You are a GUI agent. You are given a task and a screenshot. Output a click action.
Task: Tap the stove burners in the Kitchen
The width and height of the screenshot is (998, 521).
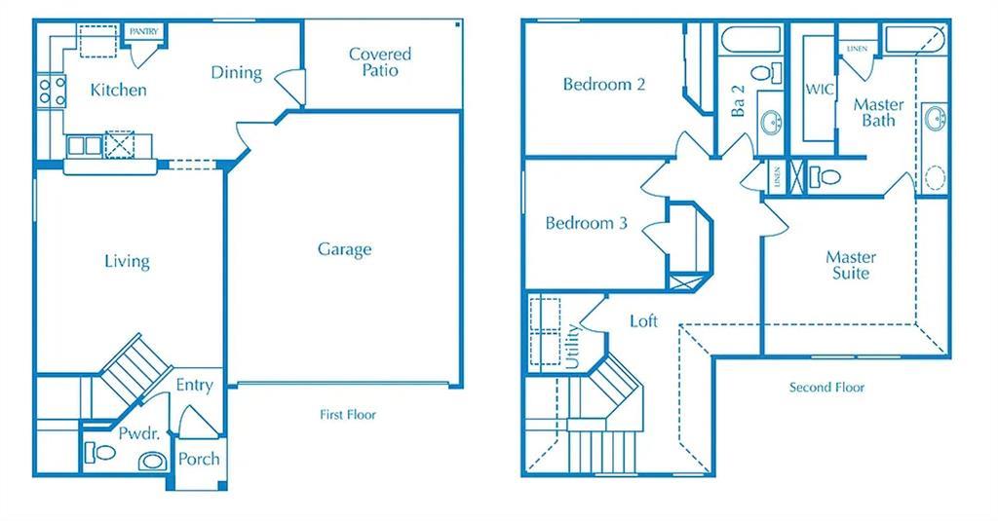(51, 92)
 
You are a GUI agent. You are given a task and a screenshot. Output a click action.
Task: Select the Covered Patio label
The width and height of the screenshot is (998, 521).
(380, 61)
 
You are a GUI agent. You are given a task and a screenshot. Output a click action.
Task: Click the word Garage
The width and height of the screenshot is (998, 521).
(344, 249)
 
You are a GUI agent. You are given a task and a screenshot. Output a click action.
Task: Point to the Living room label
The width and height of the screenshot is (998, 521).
(127, 261)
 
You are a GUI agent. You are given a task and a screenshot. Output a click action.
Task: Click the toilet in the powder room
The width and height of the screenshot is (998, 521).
(100, 452)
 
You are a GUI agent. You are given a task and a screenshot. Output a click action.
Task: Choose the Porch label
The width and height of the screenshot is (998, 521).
(199, 459)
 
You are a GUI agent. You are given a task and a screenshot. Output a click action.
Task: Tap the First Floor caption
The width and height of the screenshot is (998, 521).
(348, 415)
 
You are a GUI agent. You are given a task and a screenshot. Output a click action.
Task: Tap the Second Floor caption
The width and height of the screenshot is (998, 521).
(826, 388)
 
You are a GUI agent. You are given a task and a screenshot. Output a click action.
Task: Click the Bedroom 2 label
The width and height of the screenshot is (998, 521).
(604, 85)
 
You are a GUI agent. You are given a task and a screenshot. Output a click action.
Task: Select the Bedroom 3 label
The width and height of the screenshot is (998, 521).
(586, 224)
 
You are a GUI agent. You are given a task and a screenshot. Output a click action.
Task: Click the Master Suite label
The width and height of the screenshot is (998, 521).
(851, 265)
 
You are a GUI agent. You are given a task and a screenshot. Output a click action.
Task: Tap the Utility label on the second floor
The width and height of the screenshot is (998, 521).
(572, 346)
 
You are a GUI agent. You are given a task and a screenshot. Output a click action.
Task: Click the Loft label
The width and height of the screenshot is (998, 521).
(643, 320)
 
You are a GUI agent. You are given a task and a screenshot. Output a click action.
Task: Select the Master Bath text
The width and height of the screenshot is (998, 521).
(878, 112)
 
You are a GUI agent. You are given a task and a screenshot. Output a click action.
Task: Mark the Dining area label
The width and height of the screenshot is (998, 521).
(236, 72)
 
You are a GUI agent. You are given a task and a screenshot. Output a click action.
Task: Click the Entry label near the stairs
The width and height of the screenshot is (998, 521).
(194, 386)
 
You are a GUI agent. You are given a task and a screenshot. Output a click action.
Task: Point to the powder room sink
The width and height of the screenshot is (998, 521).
(152, 461)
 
